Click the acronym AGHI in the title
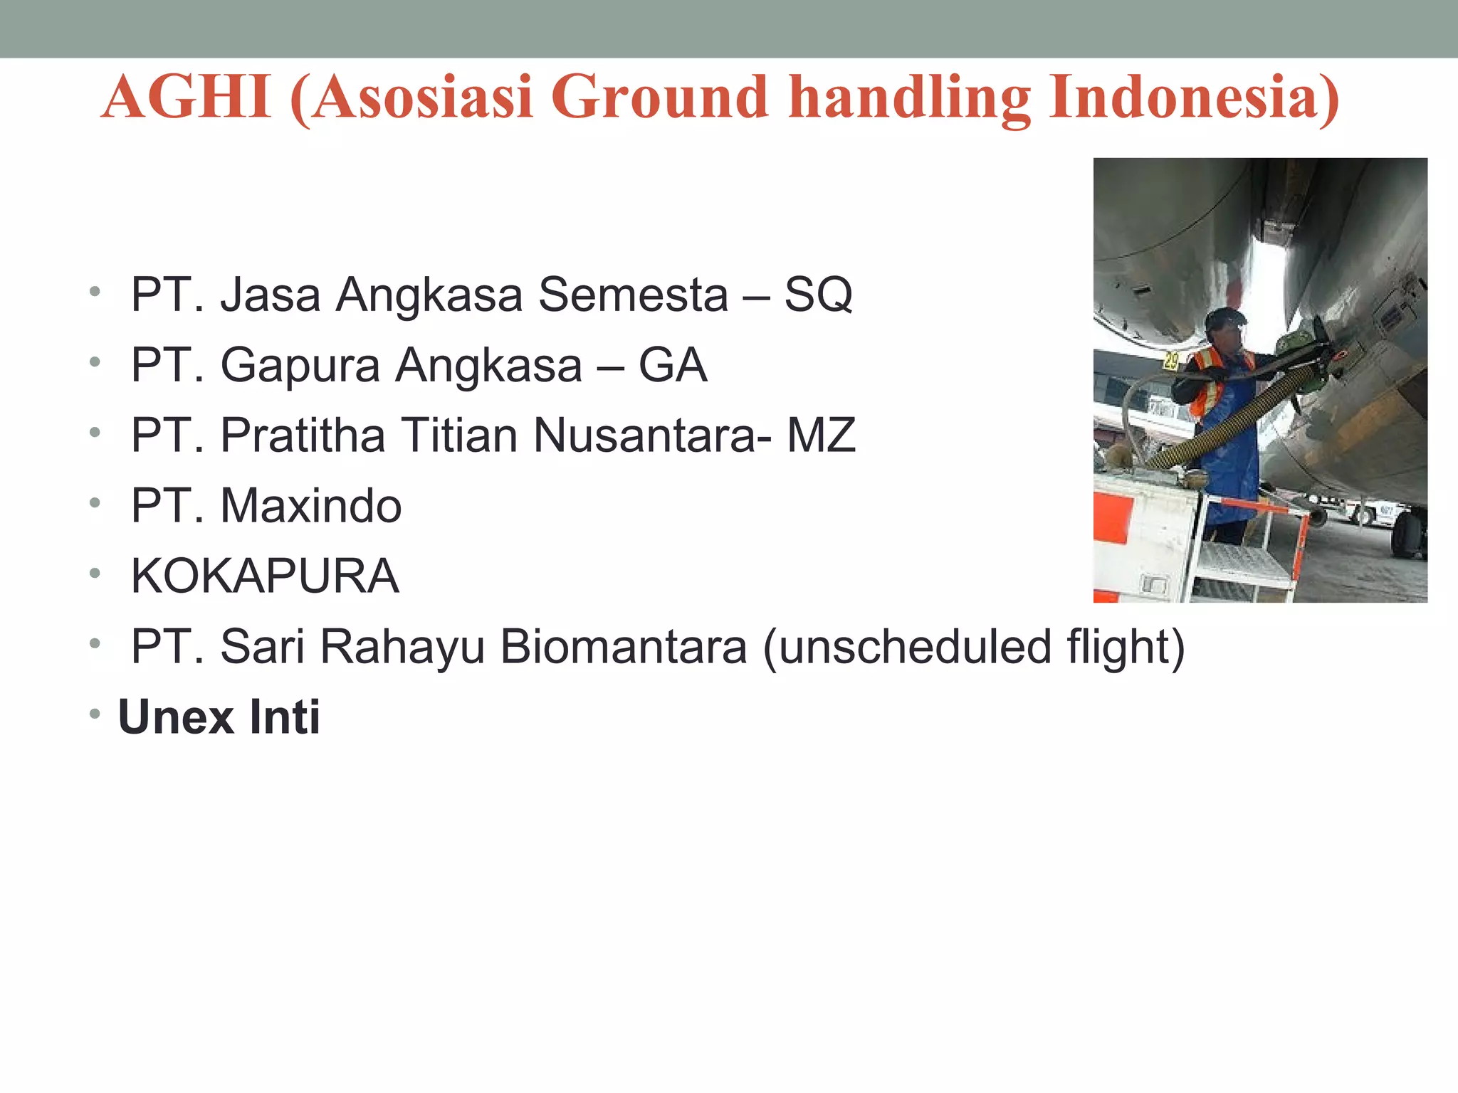187,97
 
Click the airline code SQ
818,295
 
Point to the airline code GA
672,365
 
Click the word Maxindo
310,506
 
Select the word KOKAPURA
265,576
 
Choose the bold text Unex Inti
219,717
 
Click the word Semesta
633,295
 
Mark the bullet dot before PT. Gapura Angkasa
95,363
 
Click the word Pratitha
302,435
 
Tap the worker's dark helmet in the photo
1224,318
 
